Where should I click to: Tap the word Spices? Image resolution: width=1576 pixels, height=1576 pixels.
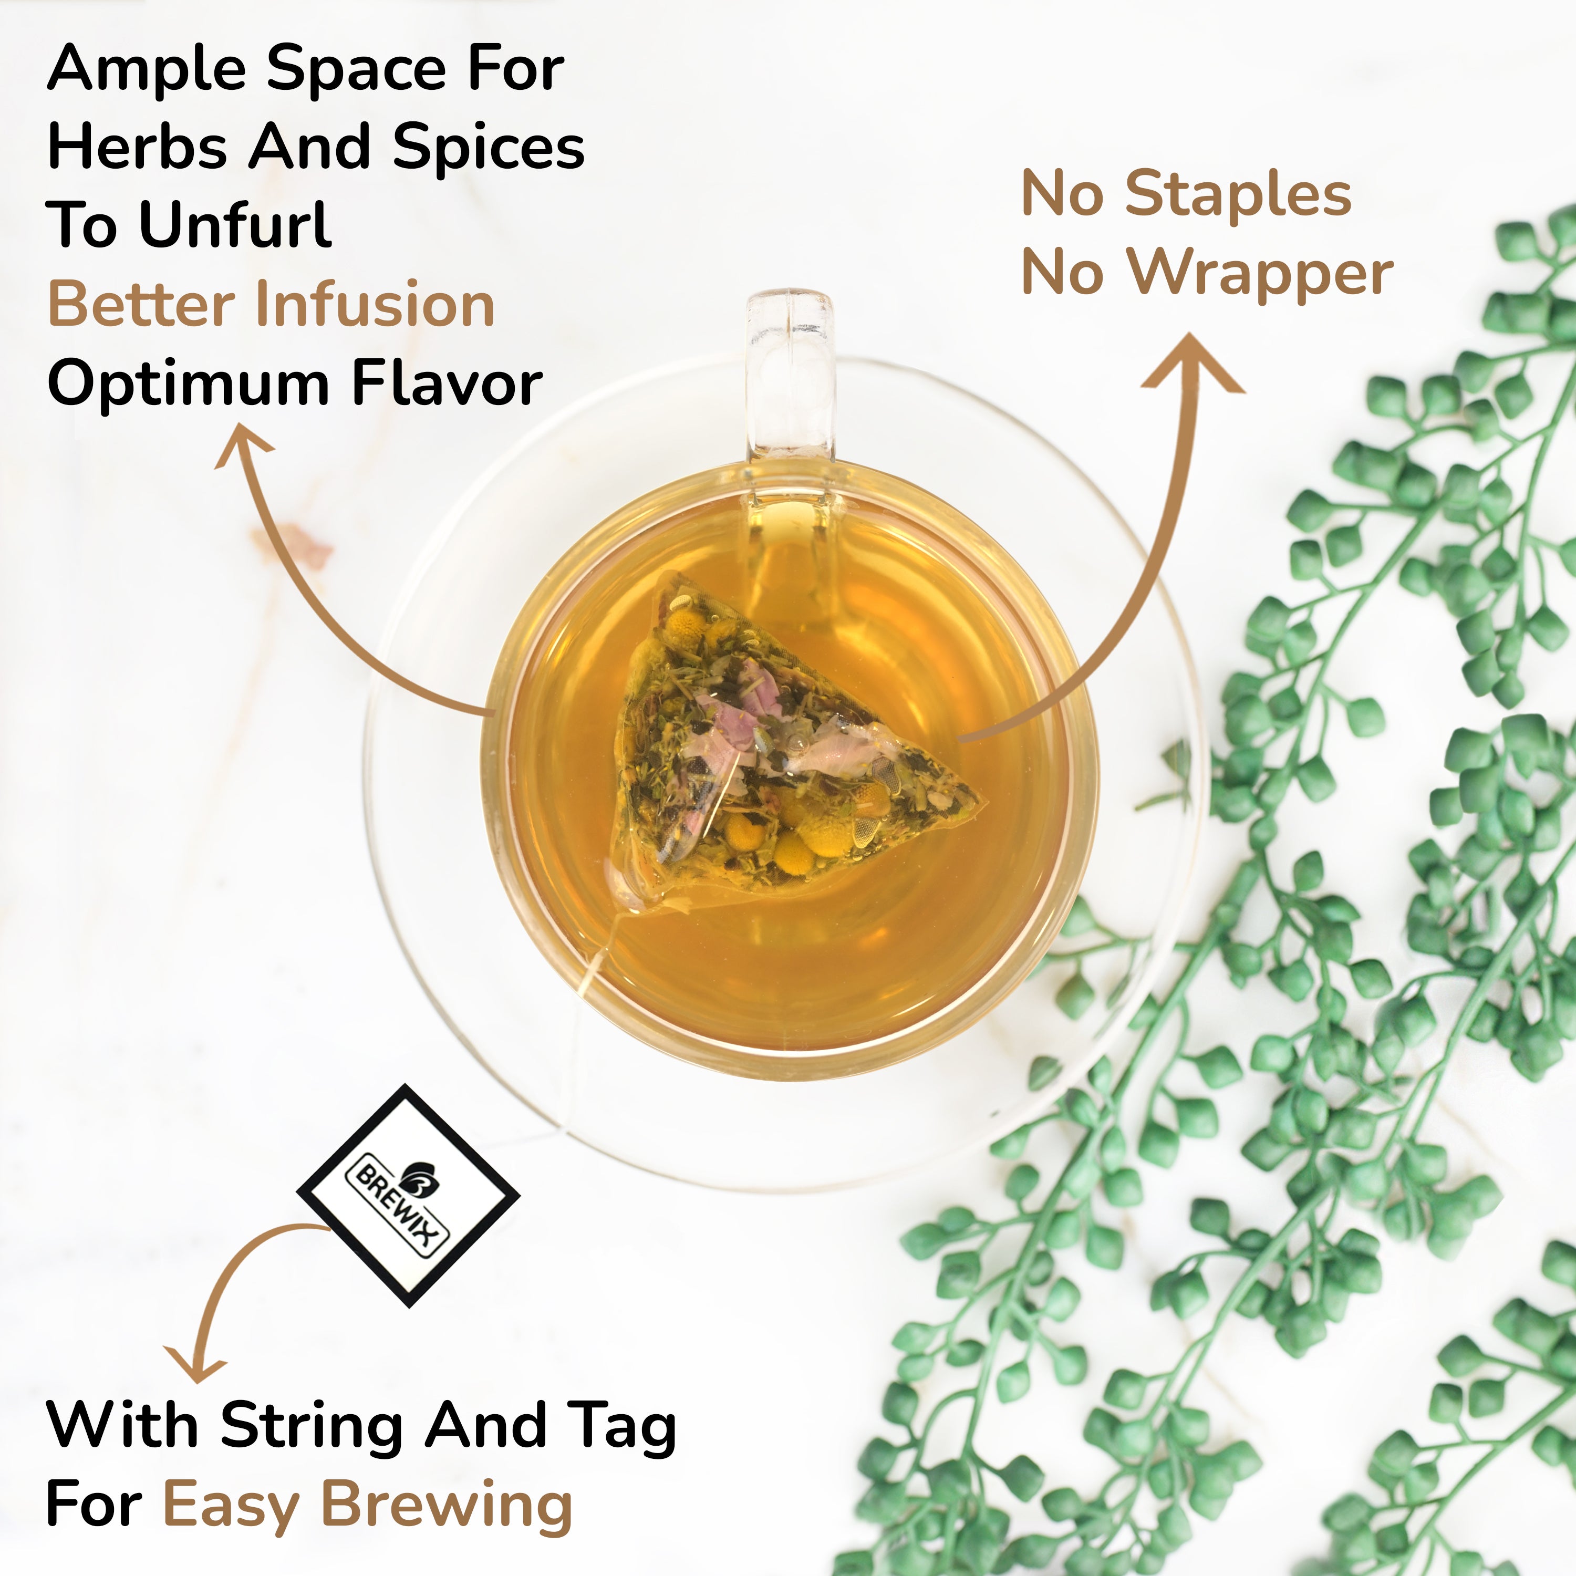click(489, 147)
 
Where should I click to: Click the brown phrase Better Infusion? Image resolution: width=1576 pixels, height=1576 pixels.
click(272, 304)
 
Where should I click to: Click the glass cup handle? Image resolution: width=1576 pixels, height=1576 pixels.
click(790, 375)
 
